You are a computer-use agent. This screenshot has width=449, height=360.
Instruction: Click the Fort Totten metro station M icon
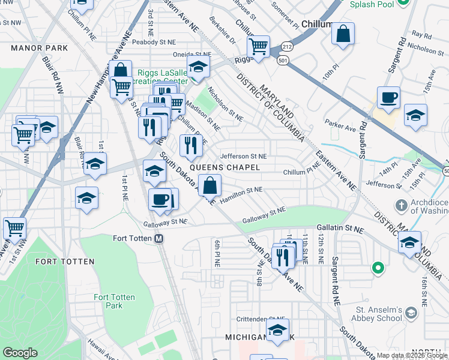[x=159, y=238]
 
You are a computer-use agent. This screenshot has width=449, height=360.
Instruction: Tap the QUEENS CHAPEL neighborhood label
[x=225, y=167]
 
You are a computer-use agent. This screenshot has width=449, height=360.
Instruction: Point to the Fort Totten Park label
[x=114, y=301]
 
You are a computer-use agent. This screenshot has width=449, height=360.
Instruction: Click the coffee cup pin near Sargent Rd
[x=388, y=97]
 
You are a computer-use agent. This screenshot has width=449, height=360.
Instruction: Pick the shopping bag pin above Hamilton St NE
[x=209, y=185]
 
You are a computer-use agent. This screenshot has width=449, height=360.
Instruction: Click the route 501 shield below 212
[x=282, y=59]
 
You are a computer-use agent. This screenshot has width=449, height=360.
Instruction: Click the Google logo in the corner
[x=20, y=353]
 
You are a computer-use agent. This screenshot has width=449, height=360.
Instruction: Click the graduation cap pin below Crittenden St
[x=277, y=330]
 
